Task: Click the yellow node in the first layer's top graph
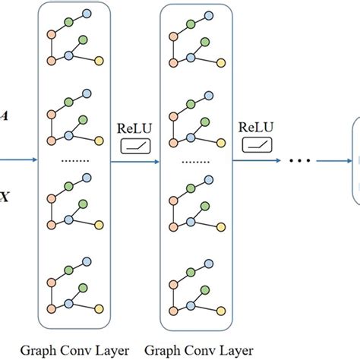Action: [99, 60]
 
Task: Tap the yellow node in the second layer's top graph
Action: [220, 60]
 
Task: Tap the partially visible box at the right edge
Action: [355, 160]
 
